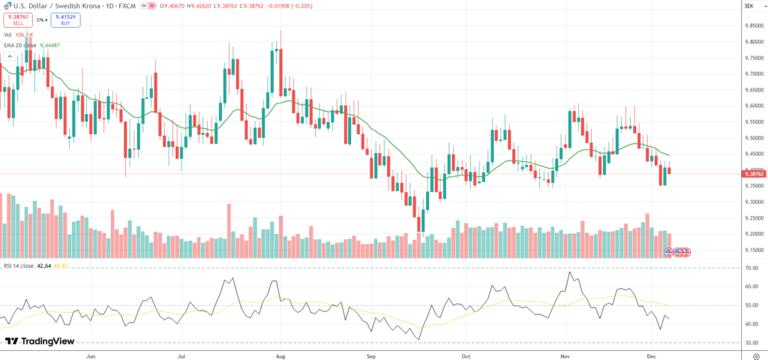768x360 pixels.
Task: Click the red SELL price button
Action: pyautogui.click(x=18, y=20)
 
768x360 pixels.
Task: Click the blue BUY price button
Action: pyautogui.click(x=66, y=20)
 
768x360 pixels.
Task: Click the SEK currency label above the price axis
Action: pyautogui.click(x=748, y=6)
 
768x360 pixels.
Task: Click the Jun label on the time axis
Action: pyautogui.click(x=92, y=353)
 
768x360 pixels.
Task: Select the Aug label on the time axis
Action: pyautogui.click(x=280, y=353)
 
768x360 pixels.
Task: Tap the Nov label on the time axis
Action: pyautogui.click(x=566, y=353)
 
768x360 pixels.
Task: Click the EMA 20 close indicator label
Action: pyautogui.click(x=21, y=45)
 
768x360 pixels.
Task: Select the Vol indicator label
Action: pyautogui.click(x=7, y=34)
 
